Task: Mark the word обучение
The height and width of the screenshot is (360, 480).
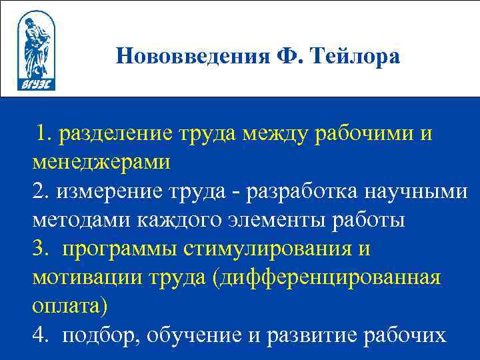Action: click(x=196, y=335)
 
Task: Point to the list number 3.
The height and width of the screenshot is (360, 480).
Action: click(x=39, y=249)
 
